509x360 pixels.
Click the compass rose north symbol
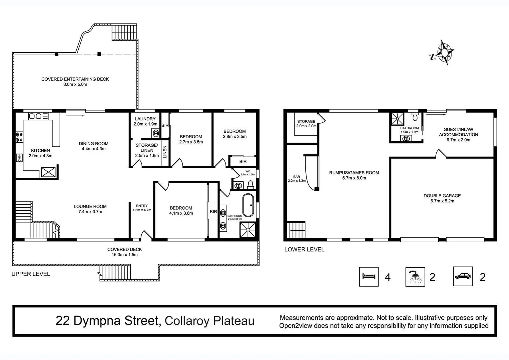pos(443,53)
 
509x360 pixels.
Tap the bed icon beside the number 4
pos(369,276)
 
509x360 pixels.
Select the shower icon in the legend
pos(415,277)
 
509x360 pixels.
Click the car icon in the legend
pos(463,276)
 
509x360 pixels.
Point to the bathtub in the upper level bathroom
pos(248,205)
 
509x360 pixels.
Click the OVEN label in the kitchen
pos(19,158)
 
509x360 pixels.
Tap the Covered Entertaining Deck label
pos(75,82)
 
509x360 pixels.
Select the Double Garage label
pos(442,198)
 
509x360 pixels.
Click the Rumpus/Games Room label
pos(354,175)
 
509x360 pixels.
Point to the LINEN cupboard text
pos(165,152)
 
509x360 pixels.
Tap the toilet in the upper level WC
pos(251,184)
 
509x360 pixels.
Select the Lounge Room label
pos(90,209)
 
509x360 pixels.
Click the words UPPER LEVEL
pos(31,274)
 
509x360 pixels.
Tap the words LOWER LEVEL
pos(304,249)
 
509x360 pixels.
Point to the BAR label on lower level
pos(296,179)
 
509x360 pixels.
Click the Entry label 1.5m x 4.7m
pos(142,208)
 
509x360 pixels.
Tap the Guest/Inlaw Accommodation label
pos(458,134)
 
